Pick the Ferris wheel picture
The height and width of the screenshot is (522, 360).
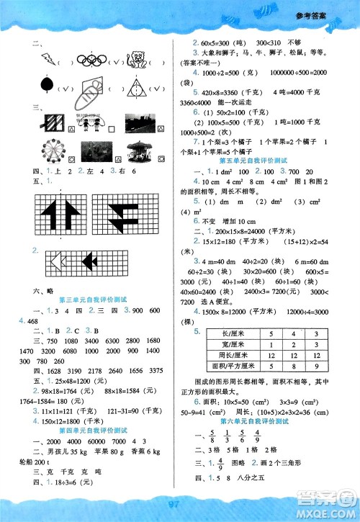(53, 149)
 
